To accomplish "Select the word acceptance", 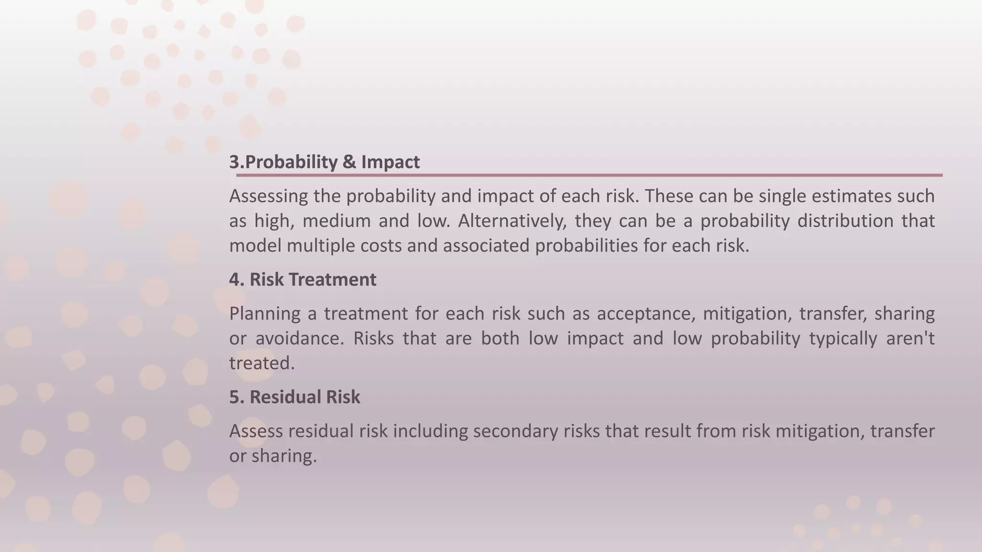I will click(645, 314).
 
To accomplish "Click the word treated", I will click(261, 363).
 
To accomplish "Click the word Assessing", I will click(269, 196).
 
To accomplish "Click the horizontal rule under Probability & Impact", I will click(589, 175).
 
